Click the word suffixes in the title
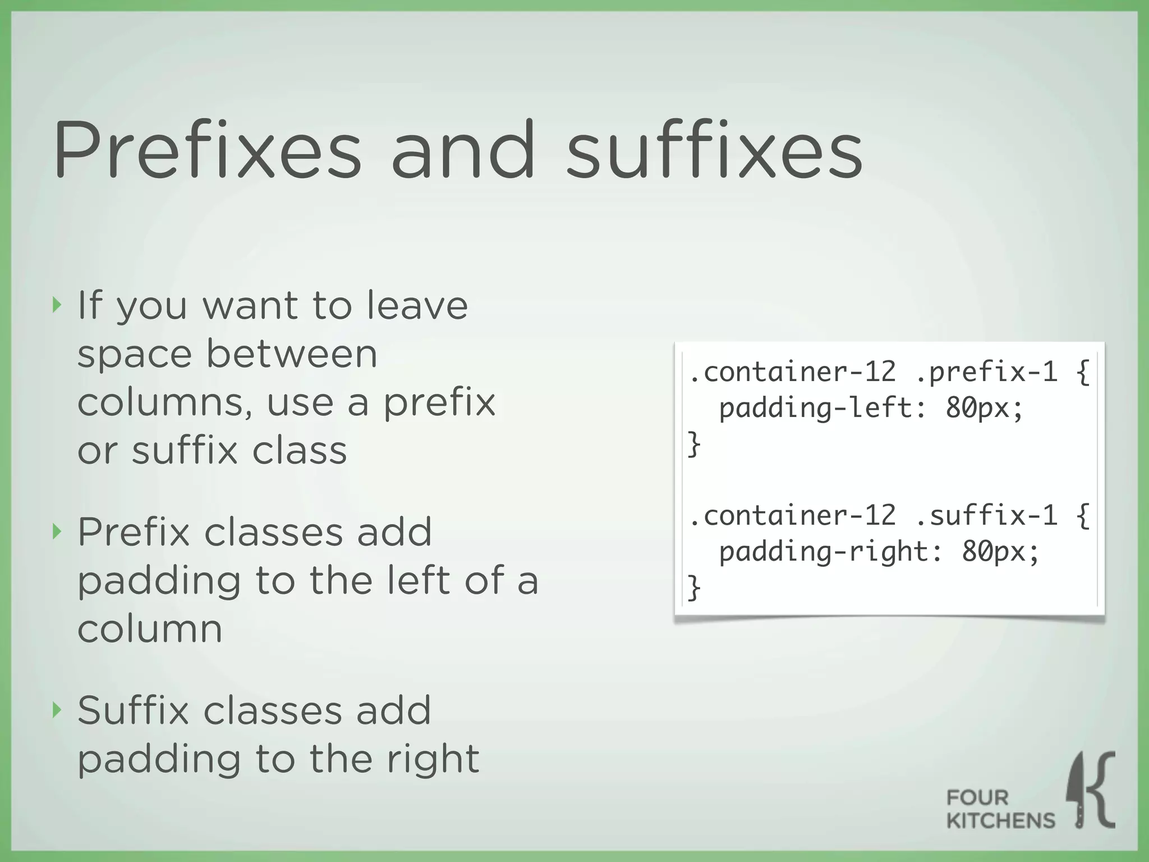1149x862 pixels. [x=714, y=150]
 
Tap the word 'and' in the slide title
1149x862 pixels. [x=463, y=150]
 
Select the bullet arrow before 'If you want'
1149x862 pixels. [x=56, y=305]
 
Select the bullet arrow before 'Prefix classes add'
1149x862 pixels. [x=56, y=531]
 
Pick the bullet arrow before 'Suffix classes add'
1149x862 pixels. [x=56, y=710]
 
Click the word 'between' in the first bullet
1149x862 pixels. [x=292, y=354]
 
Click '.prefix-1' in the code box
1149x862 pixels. [x=986, y=372]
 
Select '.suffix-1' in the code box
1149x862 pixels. [x=986, y=515]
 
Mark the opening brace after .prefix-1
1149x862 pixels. [x=1083, y=372]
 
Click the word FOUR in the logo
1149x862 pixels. [x=977, y=797]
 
